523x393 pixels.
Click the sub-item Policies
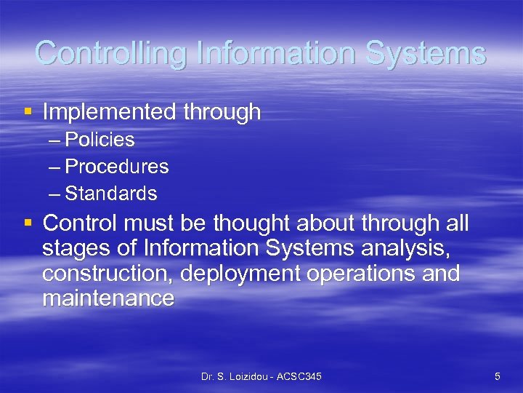point(100,139)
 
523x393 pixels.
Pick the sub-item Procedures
point(116,167)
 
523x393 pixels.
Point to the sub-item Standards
point(110,194)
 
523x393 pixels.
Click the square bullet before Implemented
point(28,112)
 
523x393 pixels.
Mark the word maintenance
point(108,298)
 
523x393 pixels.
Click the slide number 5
point(497,376)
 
